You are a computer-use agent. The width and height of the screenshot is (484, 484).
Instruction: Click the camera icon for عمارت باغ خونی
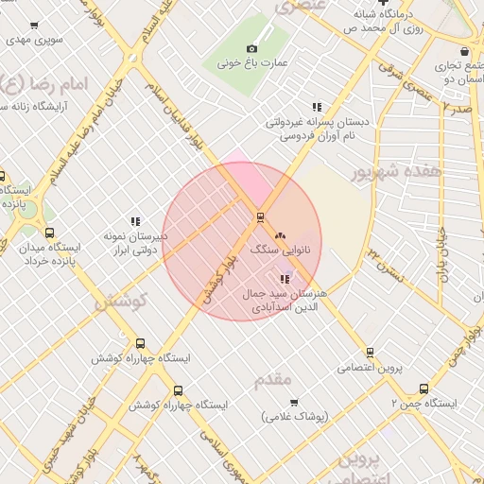click(x=251, y=48)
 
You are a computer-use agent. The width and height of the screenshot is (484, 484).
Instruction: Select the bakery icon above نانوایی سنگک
click(x=279, y=235)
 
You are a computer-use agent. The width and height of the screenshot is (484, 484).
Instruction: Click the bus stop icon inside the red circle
click(x=259, y=216)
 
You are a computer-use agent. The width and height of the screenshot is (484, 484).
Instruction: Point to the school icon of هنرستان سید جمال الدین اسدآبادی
click(x=284, y=279)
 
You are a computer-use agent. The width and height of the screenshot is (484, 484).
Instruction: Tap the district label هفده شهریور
click(x=396, y=173)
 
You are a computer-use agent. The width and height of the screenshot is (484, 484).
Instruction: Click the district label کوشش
click(x=118, y=301)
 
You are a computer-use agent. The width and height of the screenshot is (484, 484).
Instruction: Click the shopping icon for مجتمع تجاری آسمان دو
click(x=463, y=52)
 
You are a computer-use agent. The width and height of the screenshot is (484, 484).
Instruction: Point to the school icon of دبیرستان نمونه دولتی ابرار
click(x=136, y=221)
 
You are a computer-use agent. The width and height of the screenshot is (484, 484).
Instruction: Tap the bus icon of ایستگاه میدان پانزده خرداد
click(x=49, y=233)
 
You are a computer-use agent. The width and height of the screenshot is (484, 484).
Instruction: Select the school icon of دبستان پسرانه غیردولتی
click(x=317, y=107)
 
